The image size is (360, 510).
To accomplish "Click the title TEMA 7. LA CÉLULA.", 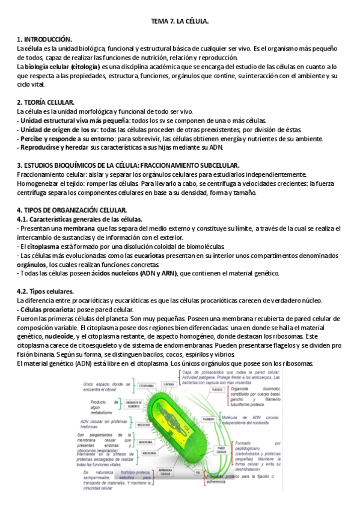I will tap(180, 22).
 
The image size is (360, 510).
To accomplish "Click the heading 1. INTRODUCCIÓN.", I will tap(44, 39).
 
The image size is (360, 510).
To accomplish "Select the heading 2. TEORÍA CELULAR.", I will tap(46, 103).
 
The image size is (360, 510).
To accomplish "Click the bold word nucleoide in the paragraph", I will tap(62, 336).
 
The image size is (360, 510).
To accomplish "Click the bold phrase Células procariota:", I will tap(49, 309).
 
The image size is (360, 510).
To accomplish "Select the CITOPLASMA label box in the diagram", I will tap(147, 369).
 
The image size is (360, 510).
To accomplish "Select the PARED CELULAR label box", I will tap(221, 450).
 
